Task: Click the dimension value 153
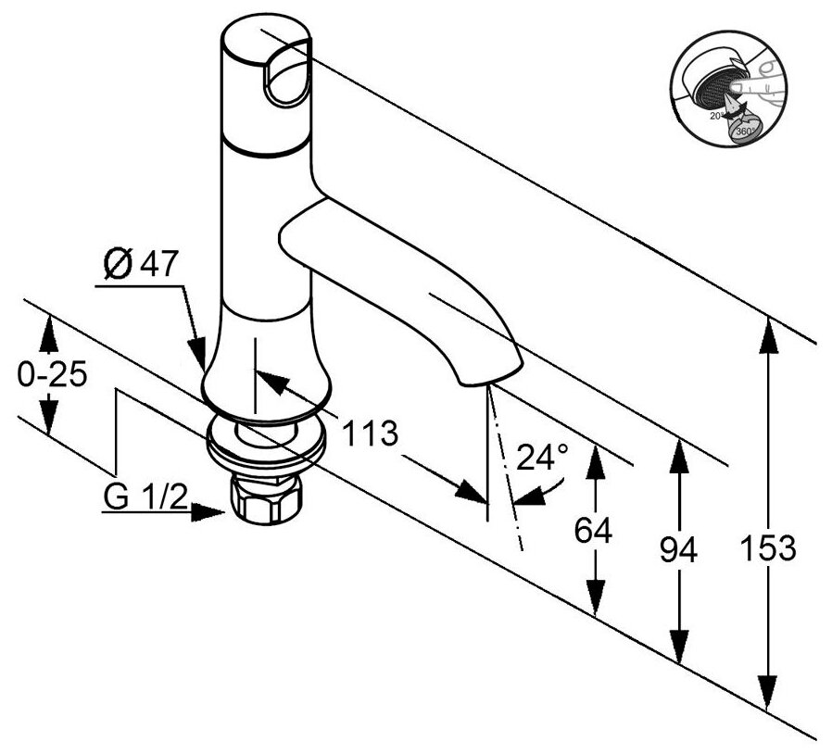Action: [x=768, y=548]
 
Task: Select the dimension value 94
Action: [x=679, y=550]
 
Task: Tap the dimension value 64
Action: [x=594, y=531]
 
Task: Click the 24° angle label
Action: [x=542, y=457]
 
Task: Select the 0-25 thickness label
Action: [x=52, y=375]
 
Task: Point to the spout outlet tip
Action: [x=491, y=375]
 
